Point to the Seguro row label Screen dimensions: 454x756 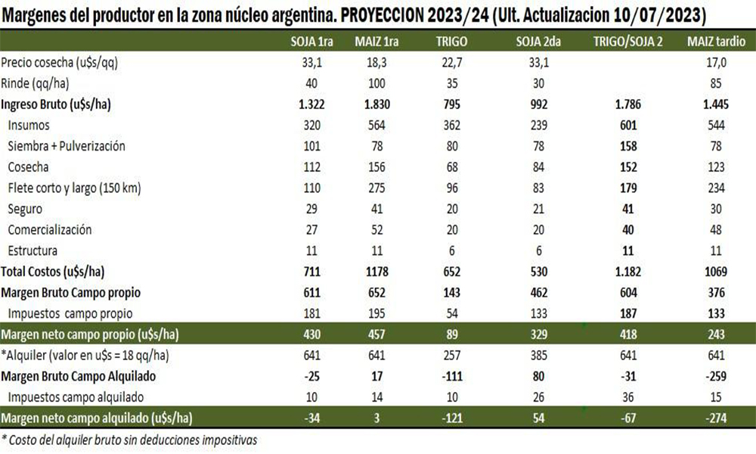[x=26, y=207]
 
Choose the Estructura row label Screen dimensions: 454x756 [x=33, y=250]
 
